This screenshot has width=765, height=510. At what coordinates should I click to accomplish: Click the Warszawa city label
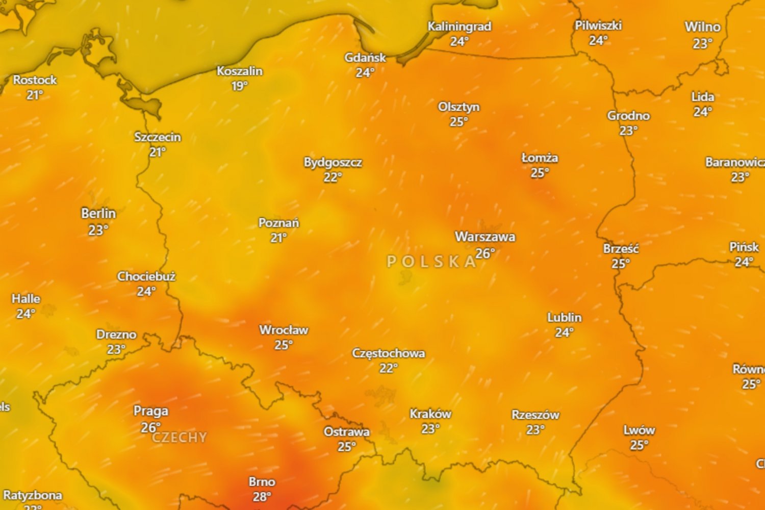pyautogui.click(x=485, y=237)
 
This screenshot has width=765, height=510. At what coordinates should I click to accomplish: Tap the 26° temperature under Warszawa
pyautogui.click(x=484, y=253)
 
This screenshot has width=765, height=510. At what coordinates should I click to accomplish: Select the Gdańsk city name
pyautogui.click(x=365, y=58)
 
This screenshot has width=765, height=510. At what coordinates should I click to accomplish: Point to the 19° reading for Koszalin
pyautogui.click(x=239, y=86)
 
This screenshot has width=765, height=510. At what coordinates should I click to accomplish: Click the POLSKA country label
pyautogui.click(x=431, y=262)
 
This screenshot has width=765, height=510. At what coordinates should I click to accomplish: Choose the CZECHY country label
pyautogui.click(x=180, y=438)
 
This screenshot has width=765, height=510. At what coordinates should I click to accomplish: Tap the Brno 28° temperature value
pyautogui.click(x=262, y=497)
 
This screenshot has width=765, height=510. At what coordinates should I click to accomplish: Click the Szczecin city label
pyautogui.click(x=158, y=137)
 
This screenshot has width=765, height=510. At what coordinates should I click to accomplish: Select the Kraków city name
pyautogui.click(x=430, y=414)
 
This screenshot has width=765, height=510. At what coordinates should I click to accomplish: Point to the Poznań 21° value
pyautogui.click(x=278, y=238)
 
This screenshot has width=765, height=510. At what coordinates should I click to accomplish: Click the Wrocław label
pyautogui.click(x=284, y=330)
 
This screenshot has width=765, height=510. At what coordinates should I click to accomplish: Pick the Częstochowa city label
pyautogui.click(x=389, y=353)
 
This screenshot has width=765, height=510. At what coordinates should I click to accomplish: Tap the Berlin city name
pyautogui.click(x=98, y=214)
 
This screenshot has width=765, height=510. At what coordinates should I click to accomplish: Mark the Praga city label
pyautogui.click(x=150, y=411)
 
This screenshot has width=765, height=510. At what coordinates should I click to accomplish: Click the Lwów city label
pyautogui.click(x=639, y=430)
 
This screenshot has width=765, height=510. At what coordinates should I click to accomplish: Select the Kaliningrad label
pyautogui.click(x=459, y=27)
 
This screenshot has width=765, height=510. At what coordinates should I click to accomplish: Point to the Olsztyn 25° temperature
pyautogui.click(x=458, y=122)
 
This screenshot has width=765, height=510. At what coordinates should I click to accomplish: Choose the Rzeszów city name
pyautogui.click(x=535, y=415)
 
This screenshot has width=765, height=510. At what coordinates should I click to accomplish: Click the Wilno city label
pyautogui.click(x=702, y=27)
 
